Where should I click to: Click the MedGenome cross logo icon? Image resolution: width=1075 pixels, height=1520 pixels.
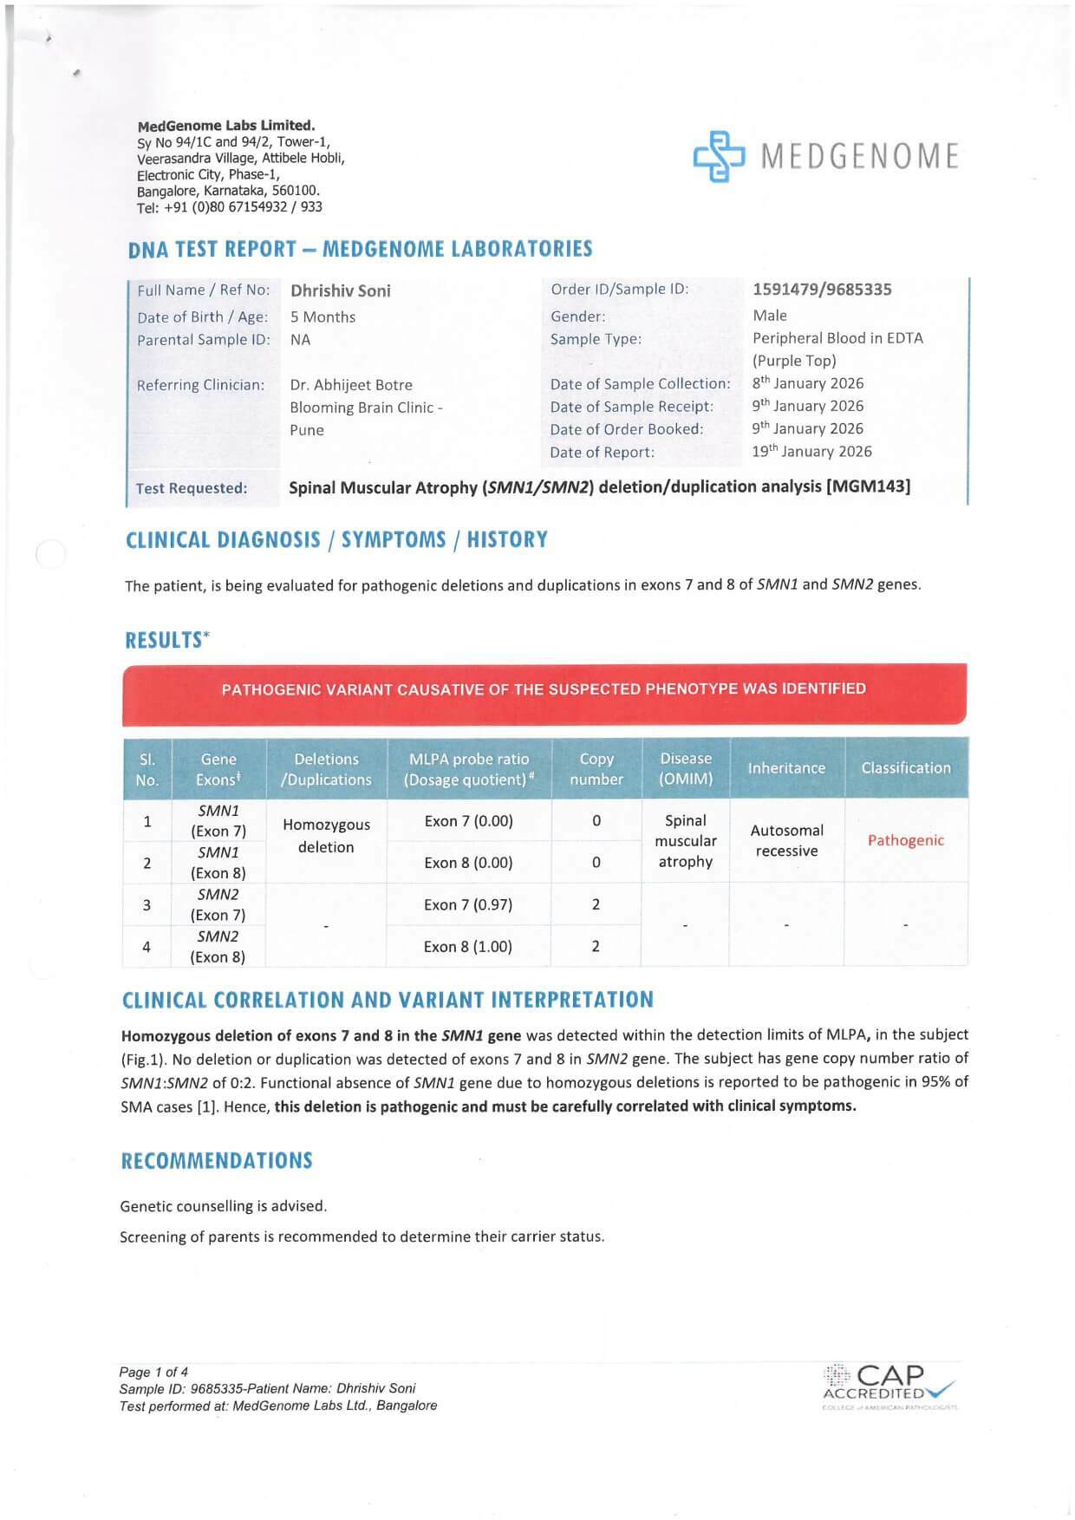point(719,156)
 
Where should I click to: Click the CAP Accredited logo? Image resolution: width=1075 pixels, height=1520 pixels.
point(889,1385)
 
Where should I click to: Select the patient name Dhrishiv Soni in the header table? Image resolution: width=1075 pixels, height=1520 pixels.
point(340,291)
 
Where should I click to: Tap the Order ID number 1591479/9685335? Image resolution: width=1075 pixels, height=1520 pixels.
point(822,290)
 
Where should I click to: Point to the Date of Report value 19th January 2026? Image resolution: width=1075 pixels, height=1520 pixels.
point(811,452)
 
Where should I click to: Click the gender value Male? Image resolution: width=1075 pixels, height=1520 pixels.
point(770,316)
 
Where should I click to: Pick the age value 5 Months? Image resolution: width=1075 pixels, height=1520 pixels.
point(322,317)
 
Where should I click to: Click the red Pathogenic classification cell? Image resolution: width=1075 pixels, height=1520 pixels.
point(905,840)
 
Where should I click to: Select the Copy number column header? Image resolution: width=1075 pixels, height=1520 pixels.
point(596,769)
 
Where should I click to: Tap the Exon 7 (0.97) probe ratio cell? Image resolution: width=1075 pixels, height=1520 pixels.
point(468,904)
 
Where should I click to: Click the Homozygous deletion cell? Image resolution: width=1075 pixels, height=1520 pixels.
point(326,836)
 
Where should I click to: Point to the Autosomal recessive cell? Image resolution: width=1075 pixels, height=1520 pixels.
point(786,840)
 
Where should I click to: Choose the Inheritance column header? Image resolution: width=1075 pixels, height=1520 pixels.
point(786,768)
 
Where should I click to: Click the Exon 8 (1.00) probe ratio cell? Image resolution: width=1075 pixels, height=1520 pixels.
point(468,947)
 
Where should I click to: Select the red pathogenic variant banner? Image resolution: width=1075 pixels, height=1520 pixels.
point(544,691)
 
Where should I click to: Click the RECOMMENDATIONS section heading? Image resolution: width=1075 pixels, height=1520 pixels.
point(217,1161)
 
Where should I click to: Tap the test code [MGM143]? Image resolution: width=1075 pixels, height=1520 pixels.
point(870,486)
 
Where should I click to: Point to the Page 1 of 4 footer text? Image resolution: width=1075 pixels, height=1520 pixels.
point(153,1372)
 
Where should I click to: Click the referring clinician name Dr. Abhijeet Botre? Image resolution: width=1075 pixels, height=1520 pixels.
point(351,385)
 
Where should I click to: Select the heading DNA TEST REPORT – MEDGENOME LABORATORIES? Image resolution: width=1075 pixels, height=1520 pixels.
point(360,250)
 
